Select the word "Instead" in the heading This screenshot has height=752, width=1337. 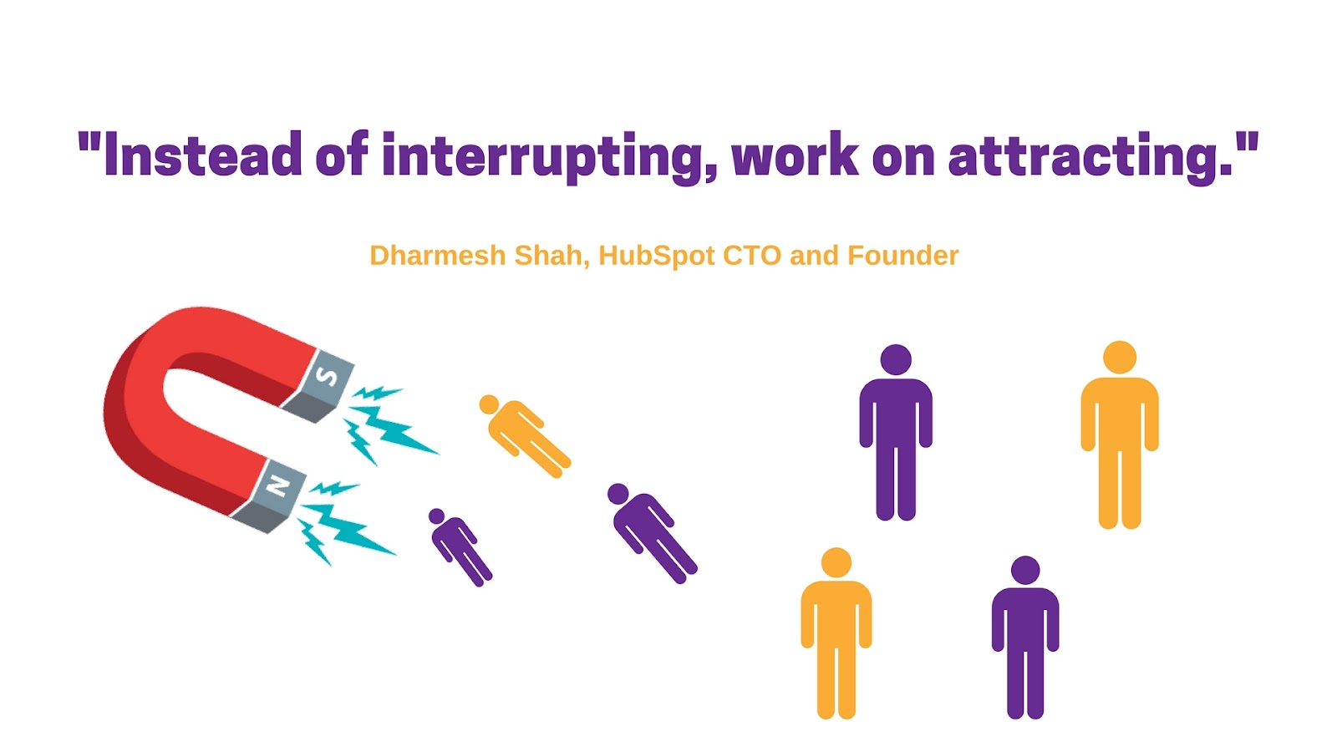point(202,154)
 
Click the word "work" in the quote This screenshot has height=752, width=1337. point(795,154)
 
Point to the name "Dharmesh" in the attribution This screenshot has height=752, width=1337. point(438,256)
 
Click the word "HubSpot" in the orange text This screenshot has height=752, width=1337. point(657,257)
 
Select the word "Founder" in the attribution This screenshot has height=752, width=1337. point(903,256)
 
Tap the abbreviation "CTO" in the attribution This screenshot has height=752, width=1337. point(752,256)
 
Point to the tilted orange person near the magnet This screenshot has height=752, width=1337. point(524,435)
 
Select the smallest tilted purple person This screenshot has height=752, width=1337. point(460,547)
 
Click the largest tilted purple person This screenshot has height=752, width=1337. point(651,532)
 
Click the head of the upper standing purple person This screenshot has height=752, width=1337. point(896,360)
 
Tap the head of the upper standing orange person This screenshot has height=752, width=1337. point(1120,358)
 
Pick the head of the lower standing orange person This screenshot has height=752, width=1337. point(836,563)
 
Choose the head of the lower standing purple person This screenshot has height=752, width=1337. point(1025,571)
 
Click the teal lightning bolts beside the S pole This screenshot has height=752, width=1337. point(387,424)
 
